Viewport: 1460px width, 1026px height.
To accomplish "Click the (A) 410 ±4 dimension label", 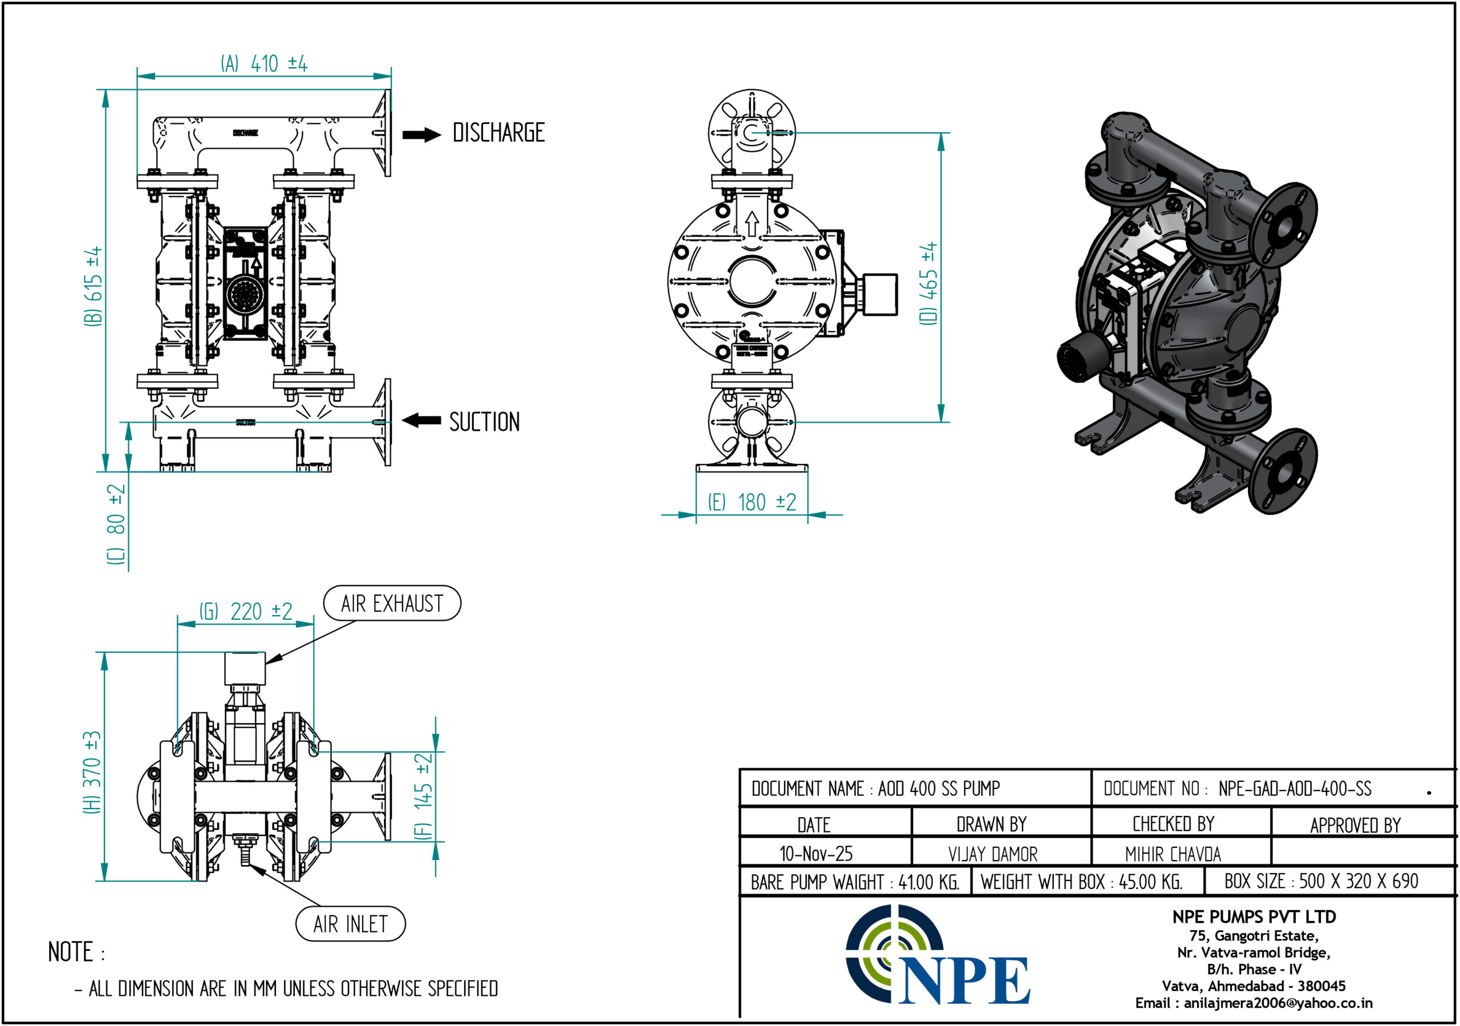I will [264, 63].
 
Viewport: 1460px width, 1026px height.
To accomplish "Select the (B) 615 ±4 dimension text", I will [94, 286].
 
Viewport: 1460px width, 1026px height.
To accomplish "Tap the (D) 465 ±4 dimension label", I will [929, 283].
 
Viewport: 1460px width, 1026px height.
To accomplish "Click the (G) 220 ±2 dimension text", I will [246, 611].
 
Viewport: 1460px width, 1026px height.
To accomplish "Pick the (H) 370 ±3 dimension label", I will [93, 772].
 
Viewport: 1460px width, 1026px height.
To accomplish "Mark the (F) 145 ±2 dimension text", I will [424, 797].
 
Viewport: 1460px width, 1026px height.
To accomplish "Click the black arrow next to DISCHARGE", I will [421, 135].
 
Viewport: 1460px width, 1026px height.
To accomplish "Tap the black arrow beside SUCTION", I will [421, 420].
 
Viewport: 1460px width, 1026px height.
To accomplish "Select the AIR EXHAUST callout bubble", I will [392, 603].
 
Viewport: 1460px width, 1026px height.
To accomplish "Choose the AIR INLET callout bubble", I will [350, 924].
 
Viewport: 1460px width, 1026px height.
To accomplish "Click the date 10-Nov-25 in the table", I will [816, 854].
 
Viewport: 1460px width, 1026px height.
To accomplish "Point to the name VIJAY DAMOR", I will [992, 854].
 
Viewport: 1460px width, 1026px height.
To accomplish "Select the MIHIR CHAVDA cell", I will [1173, 854].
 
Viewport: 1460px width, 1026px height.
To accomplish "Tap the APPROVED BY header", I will [1355, 825].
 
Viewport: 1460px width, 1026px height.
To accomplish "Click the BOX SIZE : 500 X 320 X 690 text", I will [1321, 881].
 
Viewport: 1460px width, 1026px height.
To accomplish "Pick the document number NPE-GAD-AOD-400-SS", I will [1295, 789].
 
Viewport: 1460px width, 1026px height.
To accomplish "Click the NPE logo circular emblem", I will [894, 952].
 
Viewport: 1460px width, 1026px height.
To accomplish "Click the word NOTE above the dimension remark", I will [71, 952].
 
